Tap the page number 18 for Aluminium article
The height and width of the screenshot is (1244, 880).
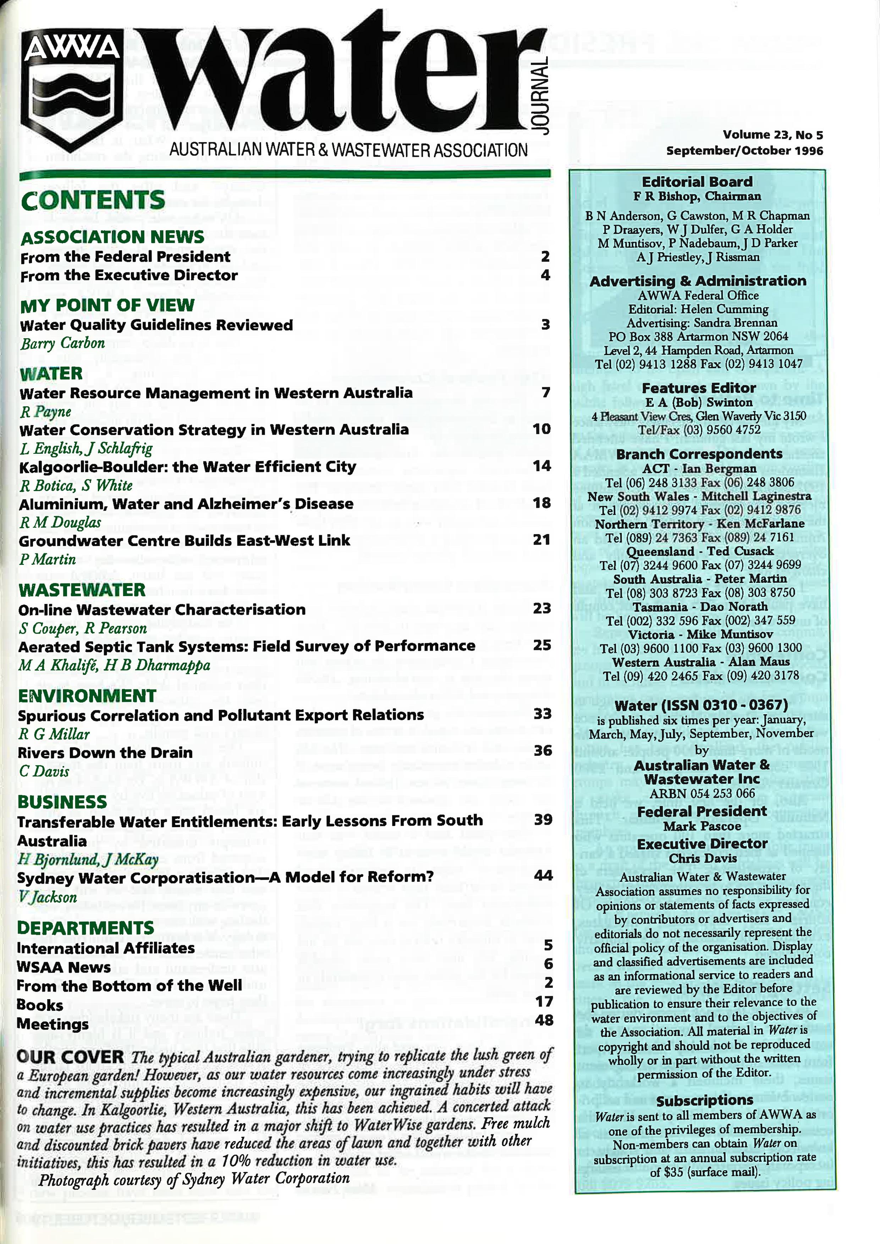pyautogui.click(x=541, y=503)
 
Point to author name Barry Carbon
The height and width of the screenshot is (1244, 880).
pyautogui.click(x=62, y=343)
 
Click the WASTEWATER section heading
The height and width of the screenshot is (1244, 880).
pyautogui.click(x=82, y=589)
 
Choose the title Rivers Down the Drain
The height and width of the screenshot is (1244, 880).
pyautogui.click(x=105, y=753)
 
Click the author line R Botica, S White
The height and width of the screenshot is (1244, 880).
pyautogui.click(x=76, y=485)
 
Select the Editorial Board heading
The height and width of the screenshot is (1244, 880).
pyautogui.click(x=697, y=182)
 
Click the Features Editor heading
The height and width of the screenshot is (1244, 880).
pyautogui.click(x=698, y=388)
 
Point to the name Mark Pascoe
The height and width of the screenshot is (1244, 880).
pyautogui.click(x=702, y=826)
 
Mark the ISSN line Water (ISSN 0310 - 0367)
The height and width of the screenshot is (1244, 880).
pyautogui.click(x=701, y=705)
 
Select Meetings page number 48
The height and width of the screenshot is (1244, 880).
pyautogui.click(x=544, y=1020)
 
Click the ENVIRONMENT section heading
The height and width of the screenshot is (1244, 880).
pyautogui.click(x=87, y=696)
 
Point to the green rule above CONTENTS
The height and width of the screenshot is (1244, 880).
pyautogui.click(x=285, y=175)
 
